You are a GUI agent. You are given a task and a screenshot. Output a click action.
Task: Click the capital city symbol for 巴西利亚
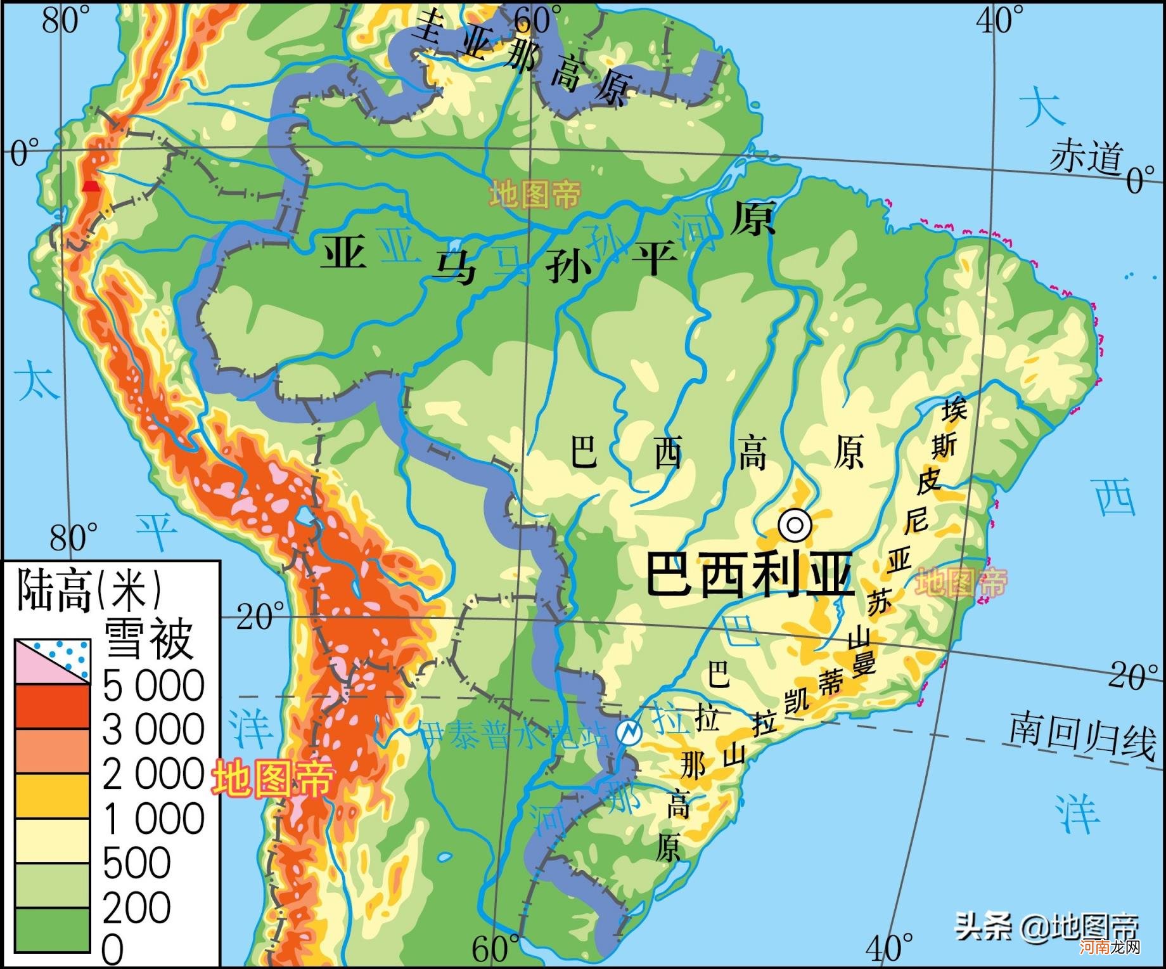(x=795, y=524)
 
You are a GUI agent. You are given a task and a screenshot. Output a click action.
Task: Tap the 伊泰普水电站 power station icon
(x=629, y=732)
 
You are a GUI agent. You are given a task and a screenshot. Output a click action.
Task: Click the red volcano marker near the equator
(x=91, y=186)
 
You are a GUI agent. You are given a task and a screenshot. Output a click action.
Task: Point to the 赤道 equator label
(x=1086, y=156)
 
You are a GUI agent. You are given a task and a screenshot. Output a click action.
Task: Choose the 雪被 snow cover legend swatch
(x=53, y=661)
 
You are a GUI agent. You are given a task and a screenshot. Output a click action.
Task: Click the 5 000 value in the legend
(x=153, y=686)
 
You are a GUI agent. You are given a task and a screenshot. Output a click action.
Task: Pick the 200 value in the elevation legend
(x=136, y=907)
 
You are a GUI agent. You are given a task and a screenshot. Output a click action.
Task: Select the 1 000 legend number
(x=153, y=819)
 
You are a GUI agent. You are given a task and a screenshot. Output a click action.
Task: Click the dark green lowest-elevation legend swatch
(x=53, y=930)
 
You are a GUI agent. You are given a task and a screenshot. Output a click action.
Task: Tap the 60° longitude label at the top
(x=537, y=19)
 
